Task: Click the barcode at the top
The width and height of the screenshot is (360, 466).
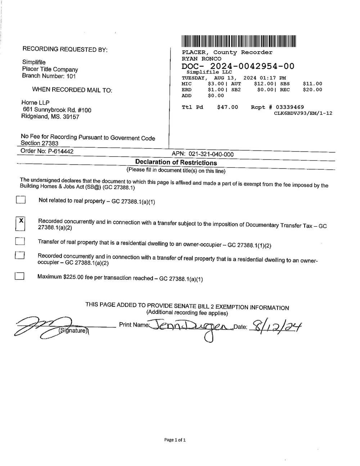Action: [x=239, y=41]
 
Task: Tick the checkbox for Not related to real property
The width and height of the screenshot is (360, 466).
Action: [x=21, y=200]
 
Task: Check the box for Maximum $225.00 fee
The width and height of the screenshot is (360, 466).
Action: [x=20, y=276]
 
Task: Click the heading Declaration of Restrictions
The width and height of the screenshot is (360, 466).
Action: [x=176, y=162]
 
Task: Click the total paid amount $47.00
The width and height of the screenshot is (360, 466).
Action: [x=228, y=107]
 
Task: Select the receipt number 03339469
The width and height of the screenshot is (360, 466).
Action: [x=289, y=107]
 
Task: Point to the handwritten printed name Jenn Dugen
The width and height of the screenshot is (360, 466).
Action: [x=190, y=326]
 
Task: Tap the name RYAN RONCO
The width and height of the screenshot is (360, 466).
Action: [x=201, y=59]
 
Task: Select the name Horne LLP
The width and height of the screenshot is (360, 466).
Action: [x=35, y=103]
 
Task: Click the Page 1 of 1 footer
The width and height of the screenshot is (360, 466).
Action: [x=175, y=440]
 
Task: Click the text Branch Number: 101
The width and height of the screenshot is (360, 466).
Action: [x=49, y=76]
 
